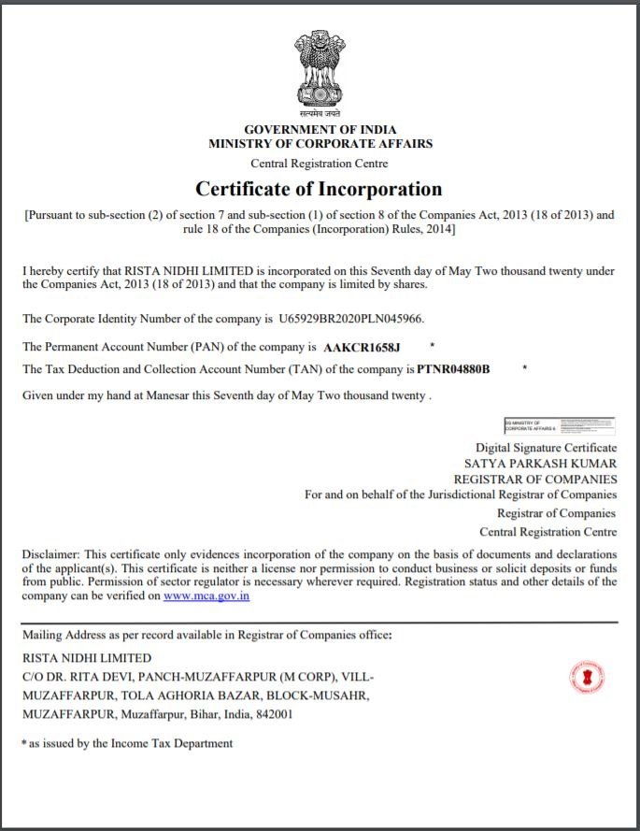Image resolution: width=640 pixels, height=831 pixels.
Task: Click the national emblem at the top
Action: pos(319,72)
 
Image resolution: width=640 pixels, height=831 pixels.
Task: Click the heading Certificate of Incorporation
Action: pos(319,189)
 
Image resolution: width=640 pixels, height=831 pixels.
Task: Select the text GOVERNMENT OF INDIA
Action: pos(320,129)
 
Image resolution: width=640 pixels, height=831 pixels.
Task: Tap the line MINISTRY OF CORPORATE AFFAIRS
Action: pos(320,144)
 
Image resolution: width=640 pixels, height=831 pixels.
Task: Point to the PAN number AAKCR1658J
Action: pos(362,348)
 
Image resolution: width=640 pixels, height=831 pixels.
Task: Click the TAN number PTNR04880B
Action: pos(453,369)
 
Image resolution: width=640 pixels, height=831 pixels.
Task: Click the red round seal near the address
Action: pos(586,678)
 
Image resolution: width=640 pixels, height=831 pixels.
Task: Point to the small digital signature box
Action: pos(559,424)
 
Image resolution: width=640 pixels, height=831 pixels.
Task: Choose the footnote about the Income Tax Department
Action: pos(127,743)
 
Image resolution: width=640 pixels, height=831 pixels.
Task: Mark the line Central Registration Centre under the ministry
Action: pos(320,164)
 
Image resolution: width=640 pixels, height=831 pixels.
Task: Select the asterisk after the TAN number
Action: pos(525,368)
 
